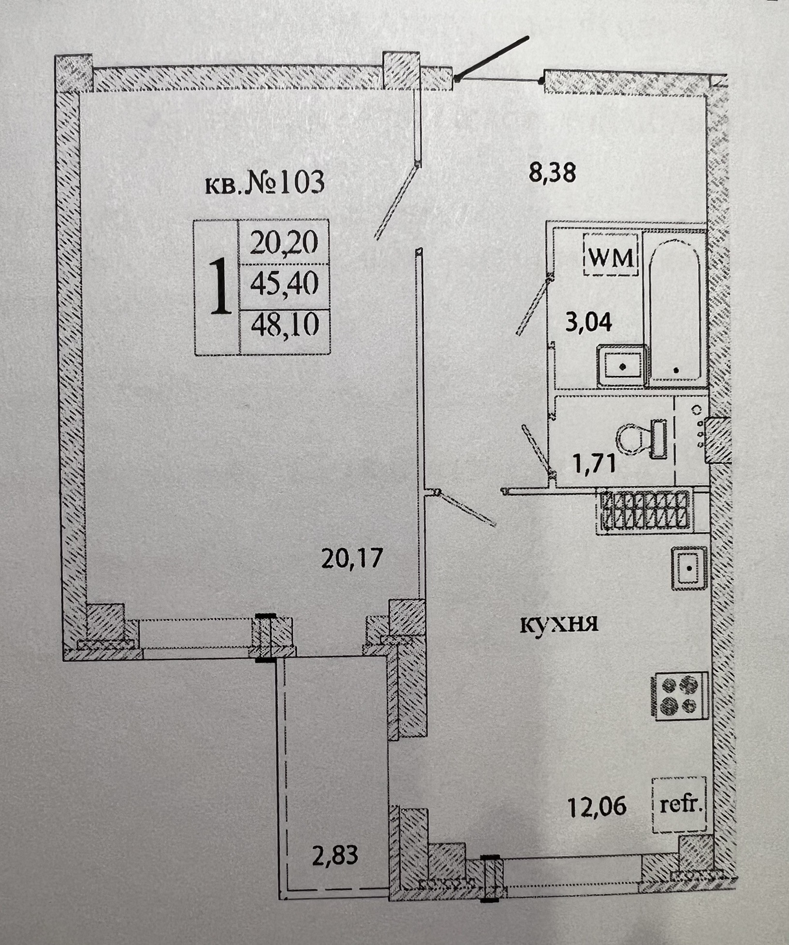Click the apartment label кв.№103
click(265, 184)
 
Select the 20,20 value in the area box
click(284, 243)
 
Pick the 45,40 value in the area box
click(284, 285)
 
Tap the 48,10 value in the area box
click(285, 325)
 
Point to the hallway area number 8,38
click(552, 172)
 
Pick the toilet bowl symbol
click(642, 438)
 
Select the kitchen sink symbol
click(689, 568)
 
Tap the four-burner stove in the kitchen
click(679, 696)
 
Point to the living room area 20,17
click(351, 558)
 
